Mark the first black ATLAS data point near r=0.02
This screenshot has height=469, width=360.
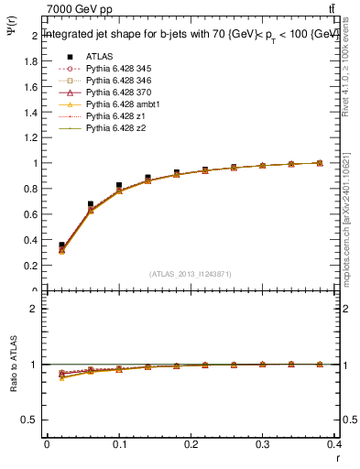tap(61, 245)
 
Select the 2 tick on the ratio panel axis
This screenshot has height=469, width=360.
tap(37, 309)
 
